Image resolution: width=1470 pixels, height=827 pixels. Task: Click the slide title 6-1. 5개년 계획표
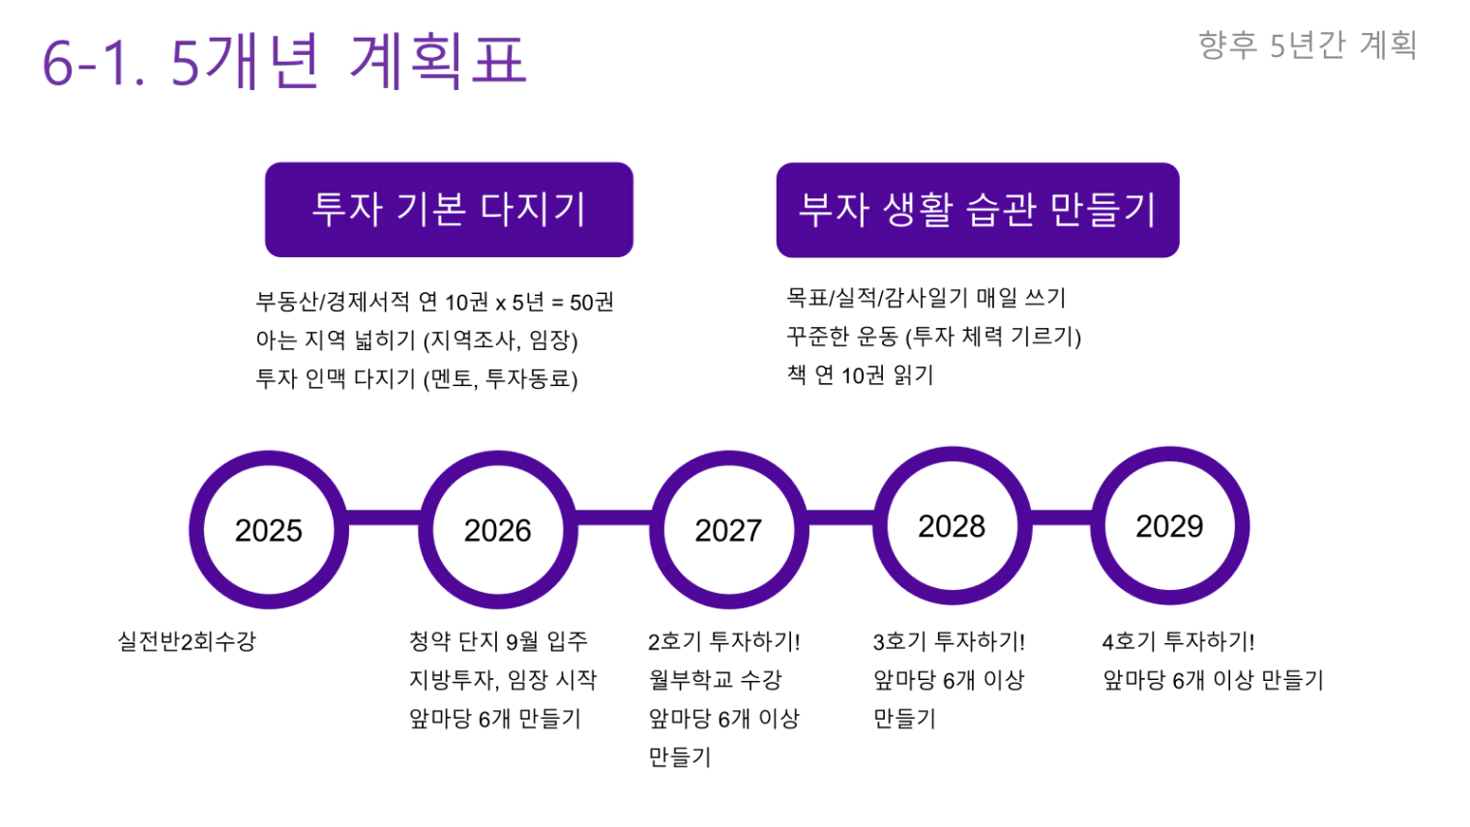[x=284, y=61]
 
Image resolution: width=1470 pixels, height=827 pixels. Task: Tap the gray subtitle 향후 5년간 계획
[x=1308, y=45]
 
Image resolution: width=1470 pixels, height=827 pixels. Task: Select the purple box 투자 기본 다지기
[x=449, y=209]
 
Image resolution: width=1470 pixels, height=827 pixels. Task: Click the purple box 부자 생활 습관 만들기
[x=978, y=210]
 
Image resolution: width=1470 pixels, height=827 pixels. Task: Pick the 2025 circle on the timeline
[x=269, y=530]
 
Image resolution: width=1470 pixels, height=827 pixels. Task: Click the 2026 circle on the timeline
[x=498, y=530]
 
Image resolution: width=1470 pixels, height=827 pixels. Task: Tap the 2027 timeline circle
[x=728, y=530]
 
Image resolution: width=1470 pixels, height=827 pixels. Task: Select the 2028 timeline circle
[x=952, y=526]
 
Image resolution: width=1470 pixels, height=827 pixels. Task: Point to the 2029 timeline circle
[x=1170, y=526]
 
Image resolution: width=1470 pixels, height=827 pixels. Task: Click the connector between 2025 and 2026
[x=383, y=517]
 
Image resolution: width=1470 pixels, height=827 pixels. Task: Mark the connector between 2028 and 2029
[x=1061, y=517]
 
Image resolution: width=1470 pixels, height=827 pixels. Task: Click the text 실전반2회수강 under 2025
[x=187, y=641]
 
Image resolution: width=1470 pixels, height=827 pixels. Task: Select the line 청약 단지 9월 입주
[x=498, y=641]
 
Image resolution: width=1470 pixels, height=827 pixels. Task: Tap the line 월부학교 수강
[x=716, y=679]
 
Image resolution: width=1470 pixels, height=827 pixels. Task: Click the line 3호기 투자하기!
[x=949, y=641]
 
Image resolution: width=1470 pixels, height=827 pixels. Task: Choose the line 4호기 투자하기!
[x=1179, y=641]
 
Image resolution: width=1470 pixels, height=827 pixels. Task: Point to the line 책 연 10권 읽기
[x=860, y=375]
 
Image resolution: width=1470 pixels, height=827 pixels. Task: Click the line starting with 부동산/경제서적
[x=434, y=302]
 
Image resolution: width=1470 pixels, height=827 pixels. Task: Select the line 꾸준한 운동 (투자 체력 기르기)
[x=934, y=337]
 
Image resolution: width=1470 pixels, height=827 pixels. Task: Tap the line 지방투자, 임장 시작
[x=503, y=680]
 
